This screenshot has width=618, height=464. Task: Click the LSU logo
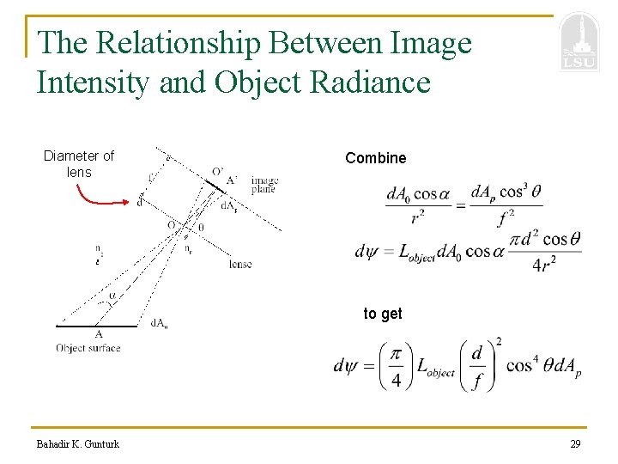(578, 44)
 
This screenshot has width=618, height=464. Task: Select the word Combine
(375, 158)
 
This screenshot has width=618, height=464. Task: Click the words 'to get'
(382, 314)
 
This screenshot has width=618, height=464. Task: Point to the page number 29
(574, 444)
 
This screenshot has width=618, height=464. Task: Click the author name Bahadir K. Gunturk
(78, 444)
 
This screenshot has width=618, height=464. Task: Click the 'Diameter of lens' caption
(78, 163)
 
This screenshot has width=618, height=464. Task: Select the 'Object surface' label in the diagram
(88, 348)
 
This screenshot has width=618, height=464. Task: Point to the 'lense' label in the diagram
(240, 264)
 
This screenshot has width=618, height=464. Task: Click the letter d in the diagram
(140, 204)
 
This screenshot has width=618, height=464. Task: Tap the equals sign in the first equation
(459, 204)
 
